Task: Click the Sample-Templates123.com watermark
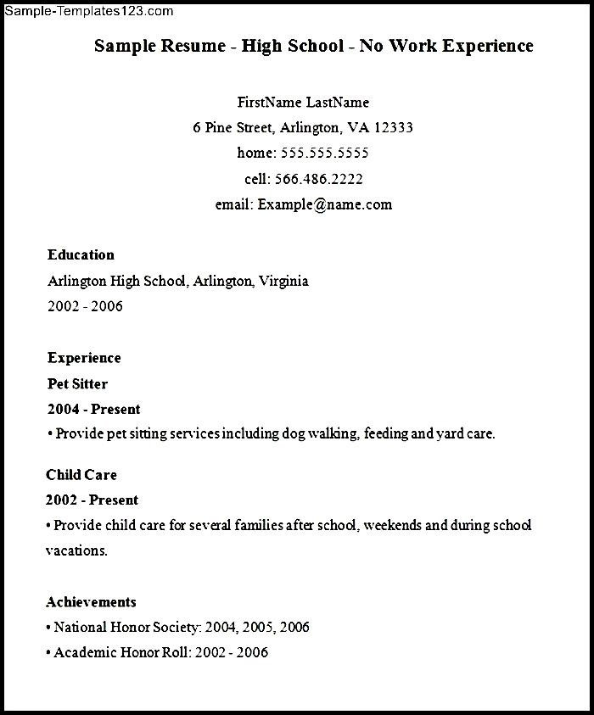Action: (88, 11)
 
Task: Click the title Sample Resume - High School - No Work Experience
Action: (313, 46)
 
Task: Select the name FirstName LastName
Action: (303, 103)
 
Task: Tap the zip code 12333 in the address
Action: (393, 128)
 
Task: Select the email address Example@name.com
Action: (325, 204)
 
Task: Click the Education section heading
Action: (81, 254)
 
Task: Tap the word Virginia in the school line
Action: (283, 281)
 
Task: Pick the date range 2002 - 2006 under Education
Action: (85, 306)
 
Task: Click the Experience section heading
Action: (84, 358)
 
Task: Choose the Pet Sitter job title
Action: (77, 383)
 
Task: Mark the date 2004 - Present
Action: (93, 409)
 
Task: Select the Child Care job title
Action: (81, 475)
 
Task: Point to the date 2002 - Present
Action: (92, 500)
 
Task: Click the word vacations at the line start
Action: (76, 551)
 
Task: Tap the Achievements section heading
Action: (91, 602)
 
